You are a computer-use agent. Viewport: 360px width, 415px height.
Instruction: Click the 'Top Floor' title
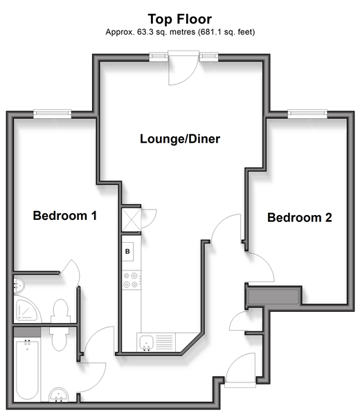tap(180, 19)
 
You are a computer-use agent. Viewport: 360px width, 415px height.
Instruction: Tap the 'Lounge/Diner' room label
tap(180, 139)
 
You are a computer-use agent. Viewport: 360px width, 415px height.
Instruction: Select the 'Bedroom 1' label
tap(65, 216)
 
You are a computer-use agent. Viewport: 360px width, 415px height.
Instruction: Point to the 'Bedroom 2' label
tap(300, 218)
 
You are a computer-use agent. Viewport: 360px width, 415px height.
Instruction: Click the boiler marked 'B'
tap(127, 252)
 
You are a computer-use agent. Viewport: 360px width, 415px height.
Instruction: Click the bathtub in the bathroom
tap(27, 370)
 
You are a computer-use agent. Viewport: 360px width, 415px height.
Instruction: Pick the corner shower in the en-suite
tap(26, 309)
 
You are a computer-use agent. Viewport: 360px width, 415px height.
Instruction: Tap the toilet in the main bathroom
tap(59, 339)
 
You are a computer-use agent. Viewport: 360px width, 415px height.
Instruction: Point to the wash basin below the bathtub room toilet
tap(59, 395)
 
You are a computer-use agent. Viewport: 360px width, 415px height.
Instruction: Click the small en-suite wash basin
tap(19, 285)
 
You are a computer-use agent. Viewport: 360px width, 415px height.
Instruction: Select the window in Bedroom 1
tap(53, 114)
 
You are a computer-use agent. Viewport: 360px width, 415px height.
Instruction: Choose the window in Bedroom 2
tap(307, 114)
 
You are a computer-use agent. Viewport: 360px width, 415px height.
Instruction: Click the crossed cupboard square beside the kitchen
tap(131, 220)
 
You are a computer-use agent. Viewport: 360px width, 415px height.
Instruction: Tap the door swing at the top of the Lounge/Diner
tap(183, 68)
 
